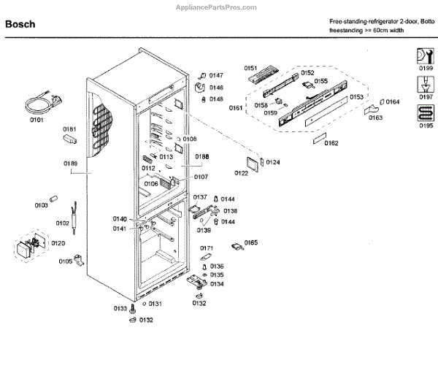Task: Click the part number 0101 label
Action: [x=36, y=119]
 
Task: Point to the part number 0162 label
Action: [x=331, y=143]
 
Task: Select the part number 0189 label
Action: [x=70, y=164]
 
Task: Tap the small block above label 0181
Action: [x=71, y=137]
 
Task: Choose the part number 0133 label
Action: [x=120, y=309]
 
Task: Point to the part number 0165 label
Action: [x=251, y=242]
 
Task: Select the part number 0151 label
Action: [x=251, y=69]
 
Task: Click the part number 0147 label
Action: [x=216, y=76]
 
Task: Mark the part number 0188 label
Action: [x=201, y=156]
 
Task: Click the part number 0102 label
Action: [x=62, y=223]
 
